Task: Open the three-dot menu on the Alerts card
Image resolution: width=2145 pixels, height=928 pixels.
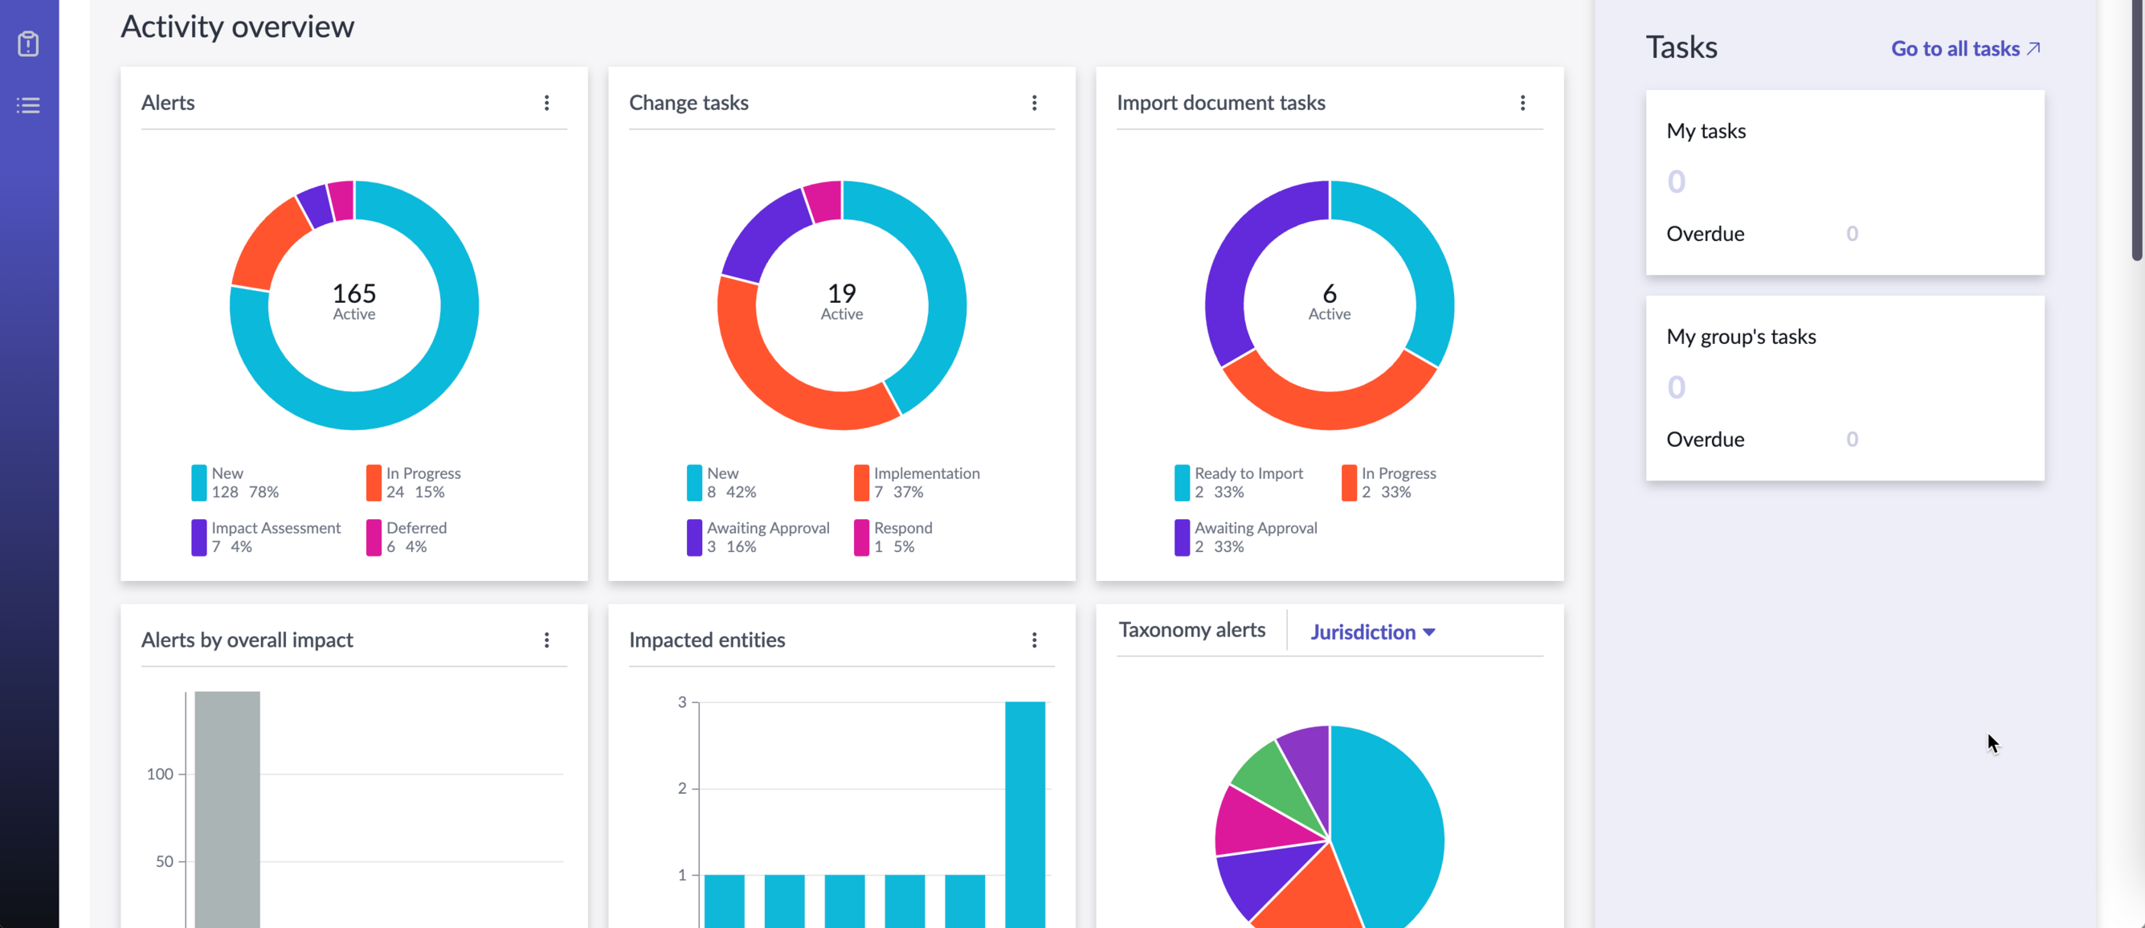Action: (546, 103)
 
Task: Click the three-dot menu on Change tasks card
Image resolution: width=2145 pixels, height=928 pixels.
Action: (1034, 103)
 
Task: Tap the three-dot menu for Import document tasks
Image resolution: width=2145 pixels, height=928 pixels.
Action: (1522, 103)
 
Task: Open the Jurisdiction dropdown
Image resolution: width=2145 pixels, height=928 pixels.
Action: (1372, 632)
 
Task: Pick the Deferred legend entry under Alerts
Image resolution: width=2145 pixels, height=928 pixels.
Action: (407, 538)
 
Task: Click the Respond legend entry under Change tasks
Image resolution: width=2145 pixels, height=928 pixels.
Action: (893, 538)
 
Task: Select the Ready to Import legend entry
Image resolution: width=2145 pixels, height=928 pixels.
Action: (1239, 482)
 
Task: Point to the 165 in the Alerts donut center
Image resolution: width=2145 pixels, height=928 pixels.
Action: (354, 292)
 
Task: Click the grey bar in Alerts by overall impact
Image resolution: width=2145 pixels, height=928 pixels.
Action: (227, 808)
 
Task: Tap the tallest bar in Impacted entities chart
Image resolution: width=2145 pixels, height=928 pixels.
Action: (1024, 813)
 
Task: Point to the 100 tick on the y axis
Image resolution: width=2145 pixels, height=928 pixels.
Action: (160, 774)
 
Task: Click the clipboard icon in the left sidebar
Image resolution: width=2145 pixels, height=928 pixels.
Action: (28, 43)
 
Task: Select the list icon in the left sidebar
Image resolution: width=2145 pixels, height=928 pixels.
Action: (28, 105)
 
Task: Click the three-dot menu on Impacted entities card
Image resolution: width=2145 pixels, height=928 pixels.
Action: (1034, 640)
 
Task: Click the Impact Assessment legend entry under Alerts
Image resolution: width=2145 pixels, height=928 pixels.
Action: (267, 538)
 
